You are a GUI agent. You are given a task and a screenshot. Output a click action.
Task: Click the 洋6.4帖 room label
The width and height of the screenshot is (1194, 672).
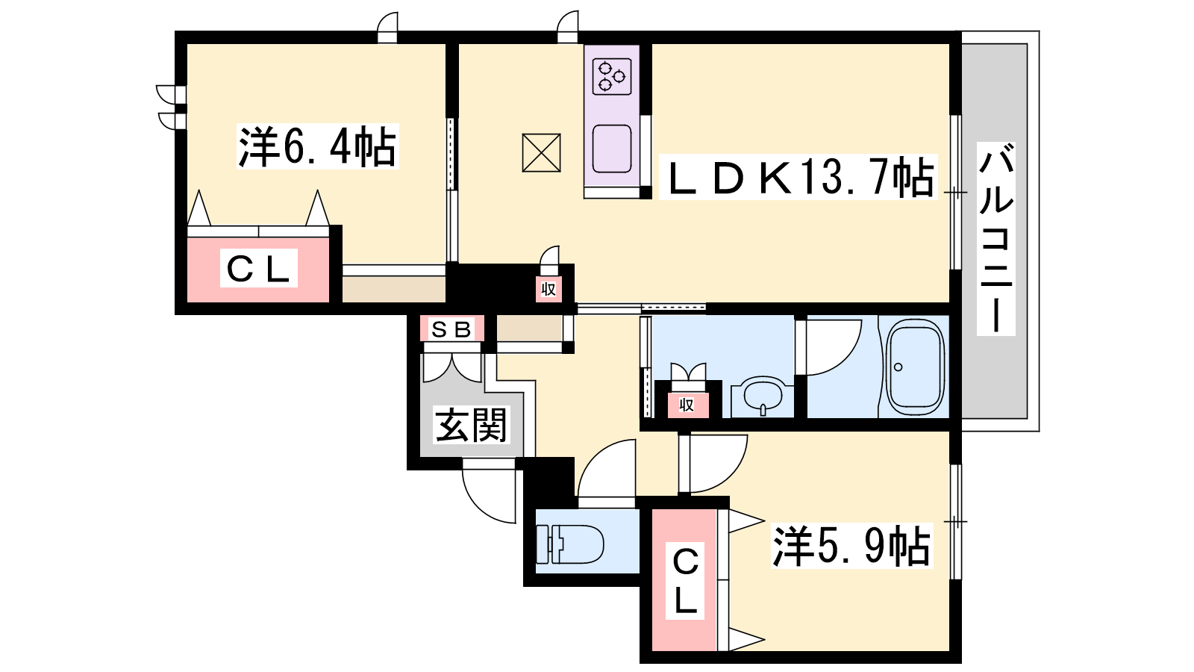318,146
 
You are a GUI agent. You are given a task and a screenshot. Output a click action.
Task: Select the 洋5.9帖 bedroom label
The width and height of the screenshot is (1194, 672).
851,546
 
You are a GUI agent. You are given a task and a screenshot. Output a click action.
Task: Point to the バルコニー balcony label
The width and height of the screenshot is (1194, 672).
995,238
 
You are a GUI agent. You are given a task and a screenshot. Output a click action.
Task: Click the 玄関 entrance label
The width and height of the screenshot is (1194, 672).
471,425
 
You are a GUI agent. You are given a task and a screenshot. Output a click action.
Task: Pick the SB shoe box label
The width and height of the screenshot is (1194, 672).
452,329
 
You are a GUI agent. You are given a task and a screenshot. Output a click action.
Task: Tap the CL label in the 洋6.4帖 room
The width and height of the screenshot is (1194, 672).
258,268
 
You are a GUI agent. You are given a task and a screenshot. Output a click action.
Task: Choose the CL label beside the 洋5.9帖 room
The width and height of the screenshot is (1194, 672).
685,582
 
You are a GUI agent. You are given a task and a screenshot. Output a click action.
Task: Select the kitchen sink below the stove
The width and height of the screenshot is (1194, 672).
612,149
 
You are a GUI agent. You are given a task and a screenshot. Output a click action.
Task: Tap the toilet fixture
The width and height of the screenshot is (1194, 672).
569,544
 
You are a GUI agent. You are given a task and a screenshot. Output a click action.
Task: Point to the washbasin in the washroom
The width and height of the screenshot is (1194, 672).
763,396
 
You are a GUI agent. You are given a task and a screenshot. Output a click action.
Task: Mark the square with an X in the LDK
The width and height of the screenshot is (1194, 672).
541,153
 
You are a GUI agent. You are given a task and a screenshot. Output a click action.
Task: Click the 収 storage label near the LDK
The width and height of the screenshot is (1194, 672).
548,290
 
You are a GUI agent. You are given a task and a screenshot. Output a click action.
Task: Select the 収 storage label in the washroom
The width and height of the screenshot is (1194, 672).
687,405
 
